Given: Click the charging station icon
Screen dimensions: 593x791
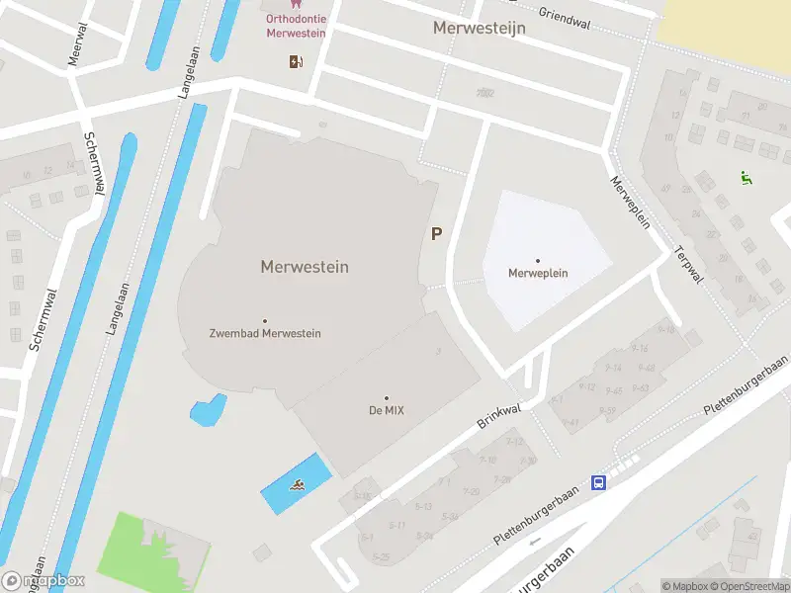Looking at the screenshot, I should click(296, 62).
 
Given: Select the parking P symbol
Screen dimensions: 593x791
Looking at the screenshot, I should click(436, 234).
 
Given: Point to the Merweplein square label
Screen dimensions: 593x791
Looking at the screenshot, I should click(538, 273).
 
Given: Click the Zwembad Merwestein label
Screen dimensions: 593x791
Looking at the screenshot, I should click(265, 333).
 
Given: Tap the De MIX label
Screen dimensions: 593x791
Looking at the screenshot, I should click(386, 409).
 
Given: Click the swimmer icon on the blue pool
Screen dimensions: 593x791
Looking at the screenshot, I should click(297, 484).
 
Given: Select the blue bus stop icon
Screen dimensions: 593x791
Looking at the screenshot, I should click(599, 482).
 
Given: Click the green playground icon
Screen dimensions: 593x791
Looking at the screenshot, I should click(746, 178).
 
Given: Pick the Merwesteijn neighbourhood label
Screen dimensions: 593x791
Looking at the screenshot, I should click(479, 28).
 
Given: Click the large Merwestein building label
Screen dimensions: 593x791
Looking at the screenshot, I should click(305, 267).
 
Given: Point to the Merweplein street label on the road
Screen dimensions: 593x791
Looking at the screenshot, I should click(630, 201).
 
